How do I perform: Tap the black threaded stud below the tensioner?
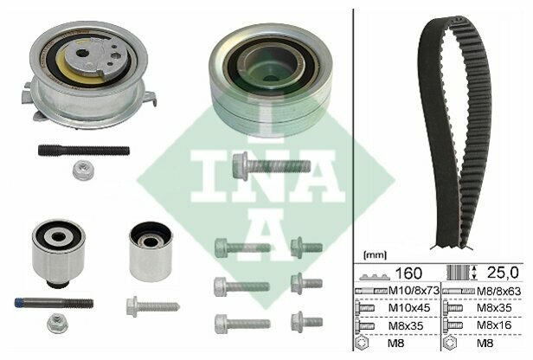click(x=84, y=150)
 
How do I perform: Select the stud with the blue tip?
click(x=54, y=303)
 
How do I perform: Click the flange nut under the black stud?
click(x=83, y=170)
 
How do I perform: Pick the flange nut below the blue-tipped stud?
click(x=57, y=323)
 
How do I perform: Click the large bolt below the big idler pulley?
click(x=272, y=166)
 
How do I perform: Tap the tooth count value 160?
click(x=408, y=273)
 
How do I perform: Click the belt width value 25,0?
click(x=503, y=273)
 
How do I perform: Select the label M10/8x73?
click(x=414, y=291)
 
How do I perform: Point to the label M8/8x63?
click(x=498, y=291)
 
